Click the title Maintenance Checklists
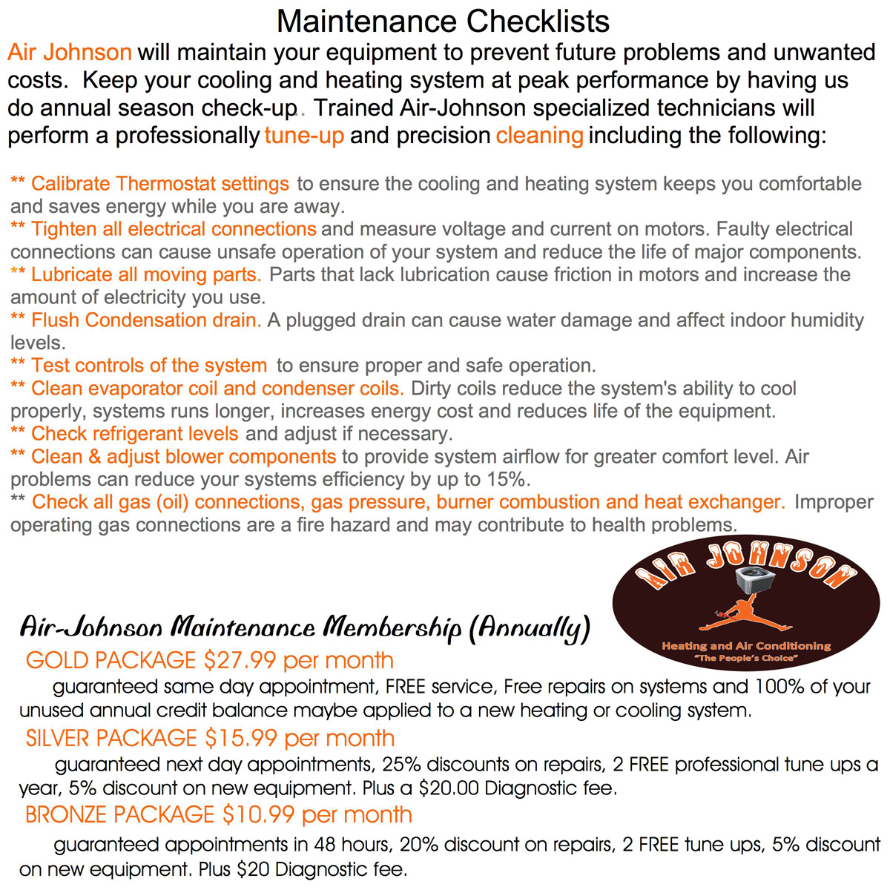pos(443,21)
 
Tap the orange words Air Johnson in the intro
pos(70,53)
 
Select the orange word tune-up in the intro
pos(304,136)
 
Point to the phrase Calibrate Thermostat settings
pos(159,184)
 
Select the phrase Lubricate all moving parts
pos(146,274)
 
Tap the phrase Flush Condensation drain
pos(146,320)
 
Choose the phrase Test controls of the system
pos(149,366)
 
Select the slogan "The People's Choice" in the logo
pos(745,659)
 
